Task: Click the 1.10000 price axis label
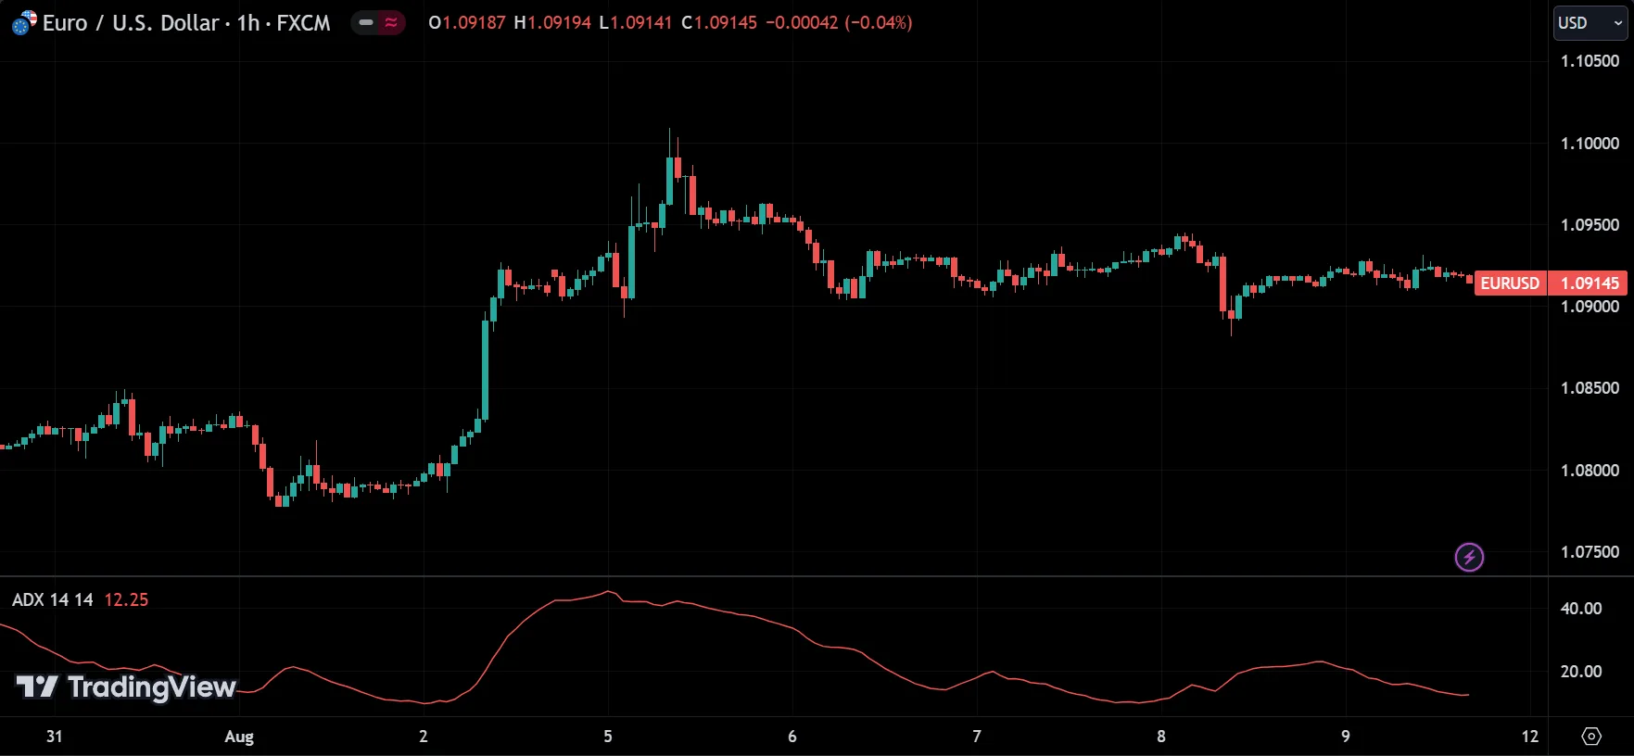coord(1590,144)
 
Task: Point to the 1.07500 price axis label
coord(1590,552)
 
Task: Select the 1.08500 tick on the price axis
coord(1590,388)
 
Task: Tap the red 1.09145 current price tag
coord(1590,283)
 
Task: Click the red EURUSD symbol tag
coord(1510,283)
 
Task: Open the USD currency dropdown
coord(1590,23)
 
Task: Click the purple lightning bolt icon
coord(1469,557)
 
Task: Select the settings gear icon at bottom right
coord(1591,737)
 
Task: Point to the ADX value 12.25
coord(126,600)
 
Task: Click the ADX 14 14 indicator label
coord(53,600)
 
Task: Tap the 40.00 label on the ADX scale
coord(1581,609)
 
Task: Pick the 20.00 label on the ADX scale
coord(1581,672)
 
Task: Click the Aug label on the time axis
coord(239,737)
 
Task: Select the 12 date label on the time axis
coord(1529,737)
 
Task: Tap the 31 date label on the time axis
coord(55,737)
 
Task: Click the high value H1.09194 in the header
coord(552,23)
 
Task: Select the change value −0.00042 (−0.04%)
coord(839,23)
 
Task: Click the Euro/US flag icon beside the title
coord(24,23)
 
